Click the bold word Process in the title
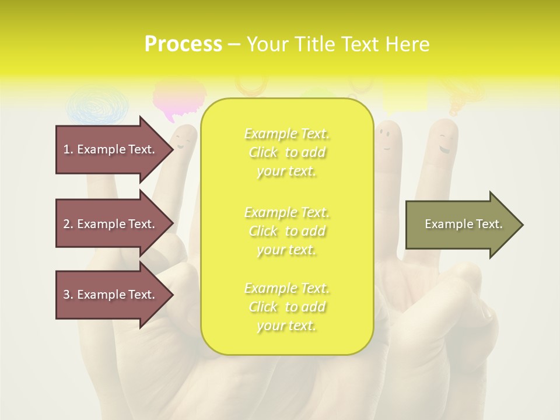click(x=183, y=44)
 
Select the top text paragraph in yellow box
click(x=286, y=152)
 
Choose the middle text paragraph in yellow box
click(x=286, y=231)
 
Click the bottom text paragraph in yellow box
click(x=286, y=307)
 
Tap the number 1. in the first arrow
click(x=68, y=149)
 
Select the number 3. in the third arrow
click(x=68, y=295)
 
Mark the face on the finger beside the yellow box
click(x=384, y=136)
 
